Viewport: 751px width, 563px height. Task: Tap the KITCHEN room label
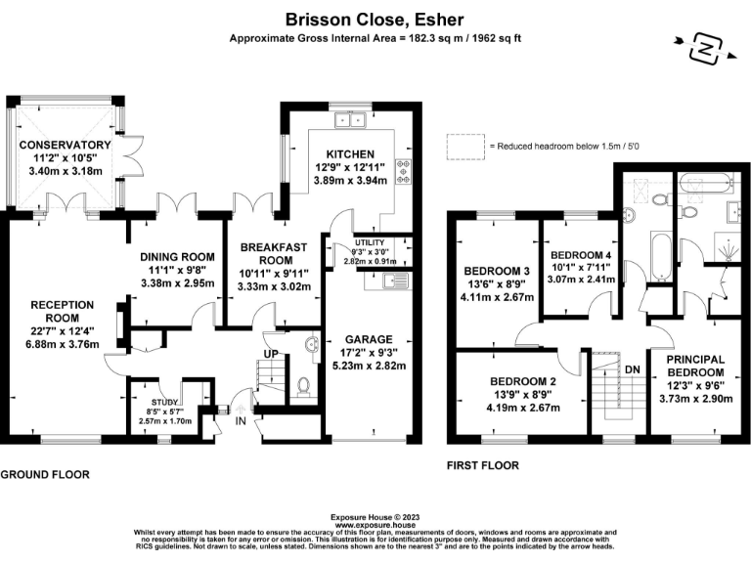[349, 154]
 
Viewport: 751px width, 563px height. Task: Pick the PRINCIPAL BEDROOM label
[695, 367]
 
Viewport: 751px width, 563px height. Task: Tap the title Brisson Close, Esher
[375, 19]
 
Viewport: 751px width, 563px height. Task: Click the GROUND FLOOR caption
[45, 474]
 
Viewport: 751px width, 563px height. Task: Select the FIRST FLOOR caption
[482, 465]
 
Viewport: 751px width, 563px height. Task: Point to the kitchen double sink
[348, 121]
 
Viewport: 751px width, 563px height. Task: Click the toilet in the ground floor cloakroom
[303, 386]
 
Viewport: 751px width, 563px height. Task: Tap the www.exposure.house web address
[375, 524]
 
